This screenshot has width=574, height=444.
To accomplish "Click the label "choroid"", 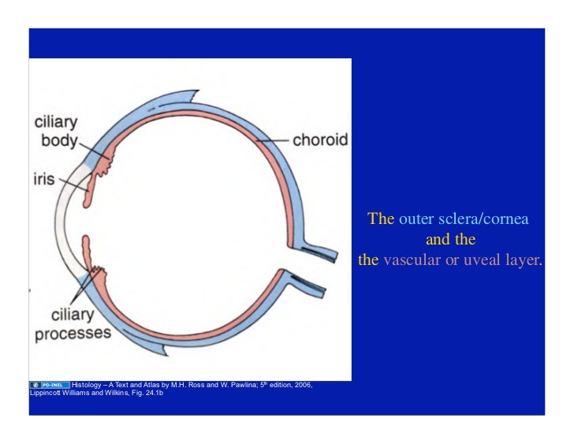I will pos(319,141).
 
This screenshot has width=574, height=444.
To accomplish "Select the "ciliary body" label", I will pos(56,132).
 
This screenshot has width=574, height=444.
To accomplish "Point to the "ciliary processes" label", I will pos(73,324).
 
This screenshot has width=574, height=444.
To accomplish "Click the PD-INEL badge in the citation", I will pos(49,385).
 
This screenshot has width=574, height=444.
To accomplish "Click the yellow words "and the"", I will pos(450,239).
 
